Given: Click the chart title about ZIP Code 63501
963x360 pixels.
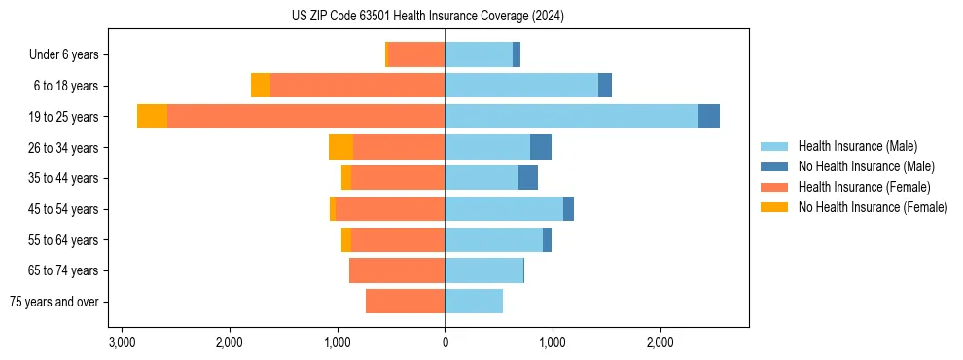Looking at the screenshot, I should point(427,17).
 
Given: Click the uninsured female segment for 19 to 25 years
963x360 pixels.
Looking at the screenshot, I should point(152,117).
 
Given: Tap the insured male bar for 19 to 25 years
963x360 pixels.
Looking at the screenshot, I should point(571,117).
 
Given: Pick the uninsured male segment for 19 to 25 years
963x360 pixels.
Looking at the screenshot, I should point(709,117).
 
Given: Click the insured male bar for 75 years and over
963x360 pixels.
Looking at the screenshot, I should point(474,302).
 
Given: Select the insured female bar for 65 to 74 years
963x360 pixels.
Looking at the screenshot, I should point(397,270).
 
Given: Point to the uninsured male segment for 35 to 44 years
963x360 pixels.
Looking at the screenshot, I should point(528,178).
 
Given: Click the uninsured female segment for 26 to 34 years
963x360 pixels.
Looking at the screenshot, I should point(340,147).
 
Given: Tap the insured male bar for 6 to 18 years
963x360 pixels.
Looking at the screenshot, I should point(521,86).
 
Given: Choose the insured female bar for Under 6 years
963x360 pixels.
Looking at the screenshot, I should point(416,54).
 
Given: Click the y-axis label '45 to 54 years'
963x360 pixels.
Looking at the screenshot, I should point(64,209).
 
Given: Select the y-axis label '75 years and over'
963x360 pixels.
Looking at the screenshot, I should point(54,302).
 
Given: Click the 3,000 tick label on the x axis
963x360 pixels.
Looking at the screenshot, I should point(122,342).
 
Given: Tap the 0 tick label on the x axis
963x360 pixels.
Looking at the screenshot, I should point(445,342).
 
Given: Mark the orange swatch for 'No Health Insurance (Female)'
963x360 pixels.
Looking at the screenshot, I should point(774,207).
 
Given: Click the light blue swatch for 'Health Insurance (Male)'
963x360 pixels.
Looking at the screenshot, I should point(774,146).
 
